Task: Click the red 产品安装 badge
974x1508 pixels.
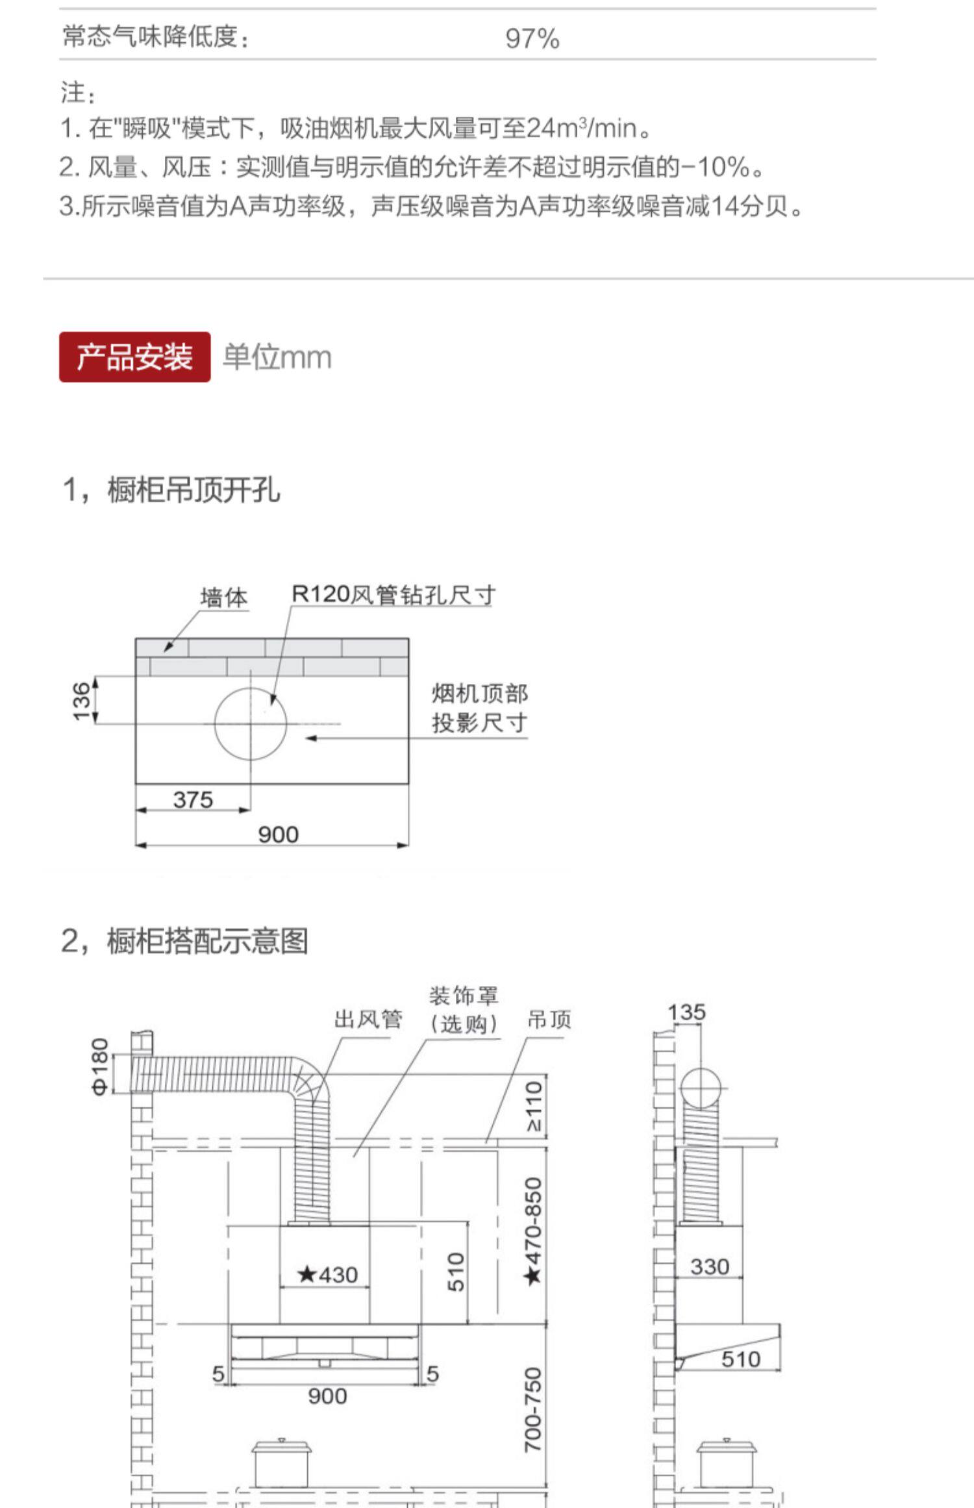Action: [x=134, y=357]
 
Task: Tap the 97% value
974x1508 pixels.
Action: [x=532, y=38]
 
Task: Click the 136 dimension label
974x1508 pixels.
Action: [x=82, y=701]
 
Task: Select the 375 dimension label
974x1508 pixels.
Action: [x=193, y=799]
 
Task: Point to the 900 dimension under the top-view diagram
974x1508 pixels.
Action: [x=278, y=835]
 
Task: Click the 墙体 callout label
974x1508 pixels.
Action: [x=224, y=597]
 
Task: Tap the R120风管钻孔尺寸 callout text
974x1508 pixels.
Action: [x=393, y=594]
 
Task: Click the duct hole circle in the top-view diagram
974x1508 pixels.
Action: [x=251, y=723]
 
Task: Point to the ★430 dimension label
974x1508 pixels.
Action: [x=327, y=1275]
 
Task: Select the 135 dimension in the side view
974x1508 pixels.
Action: [x=686, y=1012]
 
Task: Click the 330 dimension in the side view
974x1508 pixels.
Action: [x=709, y=1266]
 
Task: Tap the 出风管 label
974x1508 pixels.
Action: [x=368, y=1020]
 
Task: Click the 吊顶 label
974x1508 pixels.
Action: [x=549, y=1020]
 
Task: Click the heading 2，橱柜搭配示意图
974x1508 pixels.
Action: [x=184, y=940]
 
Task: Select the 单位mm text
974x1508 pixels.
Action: [x=277, y=357]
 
